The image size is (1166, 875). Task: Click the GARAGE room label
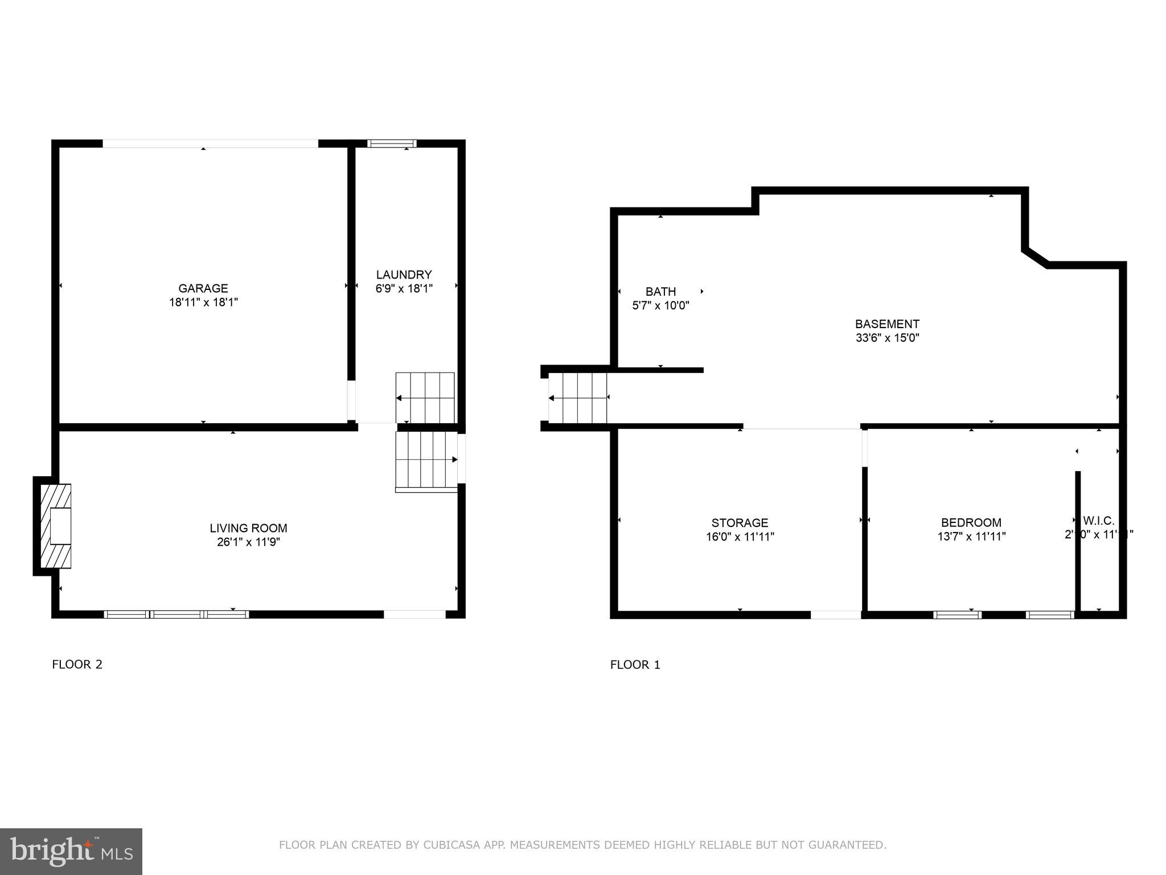[x=203, y=288]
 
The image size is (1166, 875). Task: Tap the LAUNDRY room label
[x=404, y=275]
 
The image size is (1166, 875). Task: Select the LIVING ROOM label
[x=248, y=528]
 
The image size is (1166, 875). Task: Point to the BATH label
[x=660, y=292]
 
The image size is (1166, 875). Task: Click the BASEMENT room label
[x=887, y=324]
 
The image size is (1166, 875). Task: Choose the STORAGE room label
[x=740, y=522]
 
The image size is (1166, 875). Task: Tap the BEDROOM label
[x=971, y=522]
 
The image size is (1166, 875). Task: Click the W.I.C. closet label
[x=1098, y=521]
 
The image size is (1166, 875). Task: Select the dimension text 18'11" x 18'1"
[x=203, y=302]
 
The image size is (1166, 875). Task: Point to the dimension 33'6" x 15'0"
[x=887, y=338]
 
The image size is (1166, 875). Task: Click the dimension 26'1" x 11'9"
[x=248, y=542]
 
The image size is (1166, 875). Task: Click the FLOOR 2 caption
[x=77, y=664]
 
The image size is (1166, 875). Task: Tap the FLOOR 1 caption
[x=635, y=664]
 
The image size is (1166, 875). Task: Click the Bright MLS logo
[x=71, y=852]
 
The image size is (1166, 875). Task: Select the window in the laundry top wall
[x=392, y=144]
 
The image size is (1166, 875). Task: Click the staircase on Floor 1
[x=578, y=398]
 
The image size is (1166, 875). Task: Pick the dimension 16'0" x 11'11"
[x=740, y=537]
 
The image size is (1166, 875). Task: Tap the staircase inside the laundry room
[x=425, y=397]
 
